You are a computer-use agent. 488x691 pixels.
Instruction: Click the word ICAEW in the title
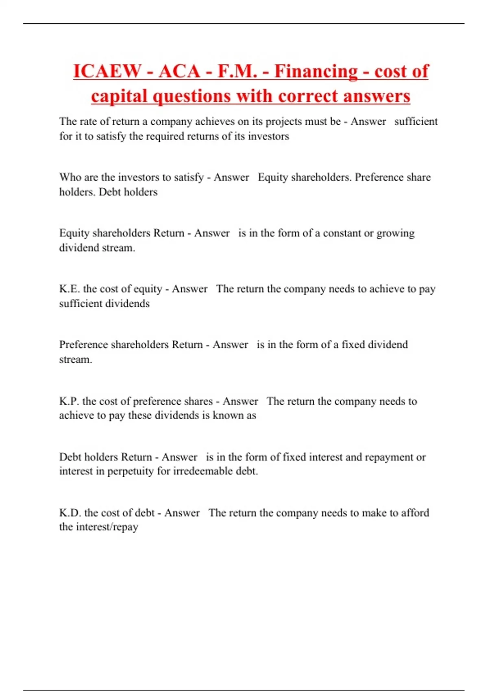(x=107, y=72)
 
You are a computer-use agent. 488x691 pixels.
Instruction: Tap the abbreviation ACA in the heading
(x=179, y=72)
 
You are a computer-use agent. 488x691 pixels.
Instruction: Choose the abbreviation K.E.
(x=70, y=289)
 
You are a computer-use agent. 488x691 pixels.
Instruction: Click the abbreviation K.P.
(x=69, y=401)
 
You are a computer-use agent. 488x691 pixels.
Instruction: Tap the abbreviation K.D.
(x=70, y=513)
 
